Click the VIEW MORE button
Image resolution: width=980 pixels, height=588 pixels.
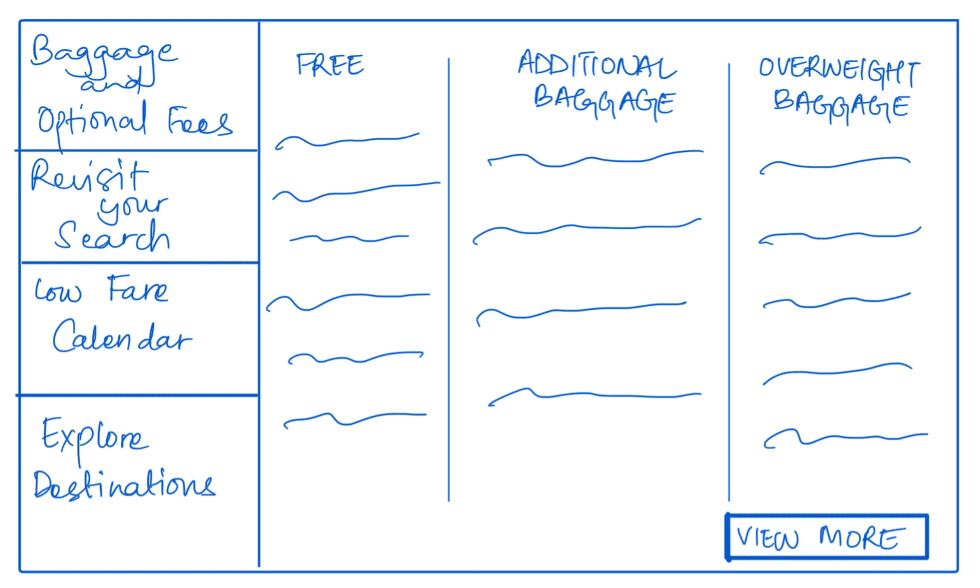tap(827, 537)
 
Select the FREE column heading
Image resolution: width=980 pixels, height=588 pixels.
tap(330, 65)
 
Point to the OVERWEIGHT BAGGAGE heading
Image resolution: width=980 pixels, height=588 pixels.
tap(840, 89)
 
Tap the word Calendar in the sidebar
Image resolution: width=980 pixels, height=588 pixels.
tap(122, 337)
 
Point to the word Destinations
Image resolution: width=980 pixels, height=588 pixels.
tap(124, 485)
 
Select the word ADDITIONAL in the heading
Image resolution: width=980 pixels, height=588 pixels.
tap(596, 65)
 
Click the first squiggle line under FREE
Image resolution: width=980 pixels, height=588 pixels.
tap(347, 142)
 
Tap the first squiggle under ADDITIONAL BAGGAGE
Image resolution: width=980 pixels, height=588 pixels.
tap(594, 159)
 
